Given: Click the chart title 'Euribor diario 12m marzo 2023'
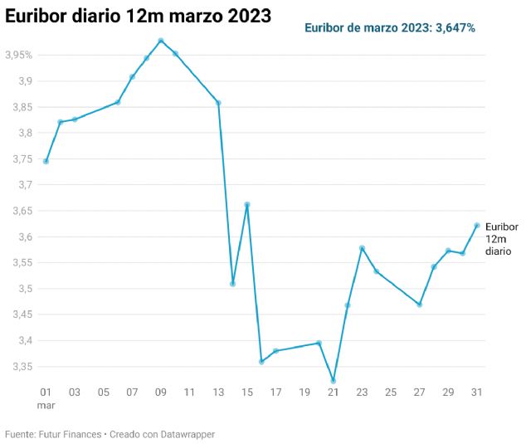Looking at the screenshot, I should point(138,16).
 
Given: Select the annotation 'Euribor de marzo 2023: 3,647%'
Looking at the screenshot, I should point(389,28).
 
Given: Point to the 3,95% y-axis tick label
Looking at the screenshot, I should point(19,56).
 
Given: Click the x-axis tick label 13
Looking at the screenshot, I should point(218,392).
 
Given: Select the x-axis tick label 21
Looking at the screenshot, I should point(334,392).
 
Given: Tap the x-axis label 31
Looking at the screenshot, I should point(477,392).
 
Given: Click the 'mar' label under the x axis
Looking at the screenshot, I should point(46,406).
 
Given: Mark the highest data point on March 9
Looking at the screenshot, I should point(161,41).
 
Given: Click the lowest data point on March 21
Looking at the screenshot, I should point(334,381).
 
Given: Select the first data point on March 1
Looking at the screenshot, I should point(46,161).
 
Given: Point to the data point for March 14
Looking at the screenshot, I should point(233,284).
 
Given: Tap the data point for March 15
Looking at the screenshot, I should point(247,204).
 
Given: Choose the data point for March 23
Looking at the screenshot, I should point(363,248).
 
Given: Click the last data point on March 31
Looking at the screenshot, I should point(477,225).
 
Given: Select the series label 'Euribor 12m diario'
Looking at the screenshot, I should point(501,238).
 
